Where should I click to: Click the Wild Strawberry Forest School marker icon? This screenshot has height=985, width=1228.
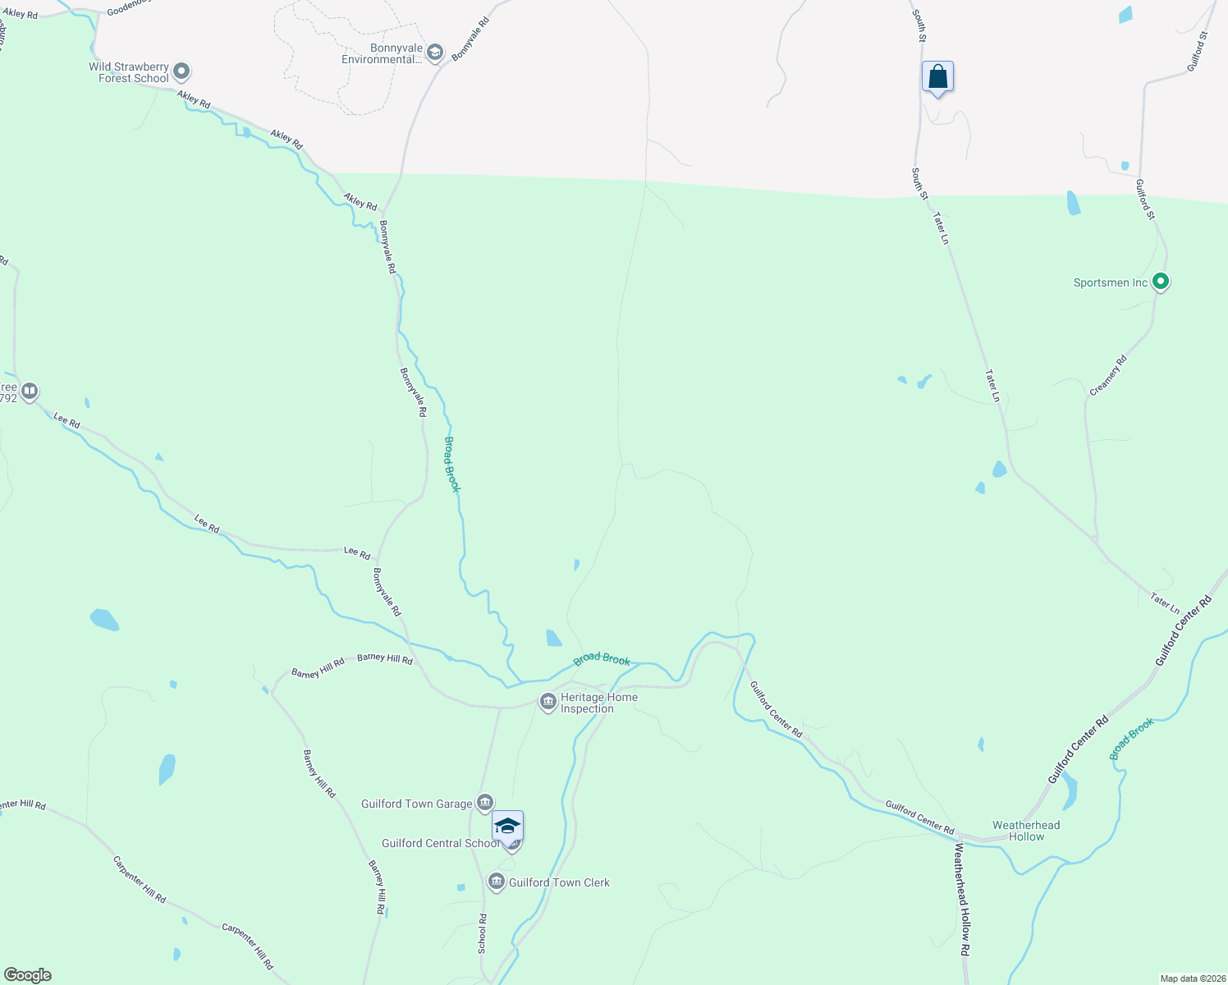point(182,72)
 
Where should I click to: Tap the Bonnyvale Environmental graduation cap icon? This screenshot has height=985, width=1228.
point(434,53)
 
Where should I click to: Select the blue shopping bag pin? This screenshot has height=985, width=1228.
point(937,78)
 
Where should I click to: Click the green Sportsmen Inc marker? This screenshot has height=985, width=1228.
point(1160,282)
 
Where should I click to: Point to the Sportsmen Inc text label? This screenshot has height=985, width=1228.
point(1111,283)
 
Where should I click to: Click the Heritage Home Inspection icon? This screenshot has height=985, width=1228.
point(548,702)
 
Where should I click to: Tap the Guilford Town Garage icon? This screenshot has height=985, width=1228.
point(485,802)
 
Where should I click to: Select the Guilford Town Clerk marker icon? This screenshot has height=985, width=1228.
point(496,882)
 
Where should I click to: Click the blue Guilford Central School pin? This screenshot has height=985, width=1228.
point(507,827)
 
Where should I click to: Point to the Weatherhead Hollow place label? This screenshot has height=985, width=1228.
point(1026,831)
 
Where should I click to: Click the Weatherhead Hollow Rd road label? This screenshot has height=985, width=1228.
point(962,899)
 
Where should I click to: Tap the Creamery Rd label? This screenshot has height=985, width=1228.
point(1108,376)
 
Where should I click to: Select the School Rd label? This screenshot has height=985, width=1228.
point(483,934)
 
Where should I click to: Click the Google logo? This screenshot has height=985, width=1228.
point(28,975)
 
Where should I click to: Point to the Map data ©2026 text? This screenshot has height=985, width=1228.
point(1192,978)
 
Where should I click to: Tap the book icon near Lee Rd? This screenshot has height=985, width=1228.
point(30,391)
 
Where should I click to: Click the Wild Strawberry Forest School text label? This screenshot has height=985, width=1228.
point(129,72)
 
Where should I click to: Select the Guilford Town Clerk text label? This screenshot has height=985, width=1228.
point(559,882)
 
